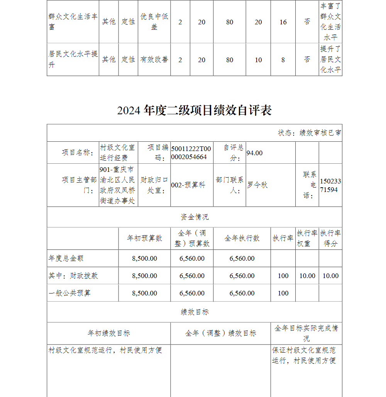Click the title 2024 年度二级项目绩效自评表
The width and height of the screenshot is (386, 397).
(x=194, y=110)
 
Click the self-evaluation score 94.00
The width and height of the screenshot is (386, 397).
(x=254, y=153)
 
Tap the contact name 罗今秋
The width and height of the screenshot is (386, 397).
(x=257, y=185)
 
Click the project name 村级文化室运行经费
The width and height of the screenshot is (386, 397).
(x=118, y=153)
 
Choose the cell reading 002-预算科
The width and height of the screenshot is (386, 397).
(x=188, y=185)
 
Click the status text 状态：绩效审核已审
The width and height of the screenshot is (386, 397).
(x=309, y=133)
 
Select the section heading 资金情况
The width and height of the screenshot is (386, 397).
(x=194, y=217)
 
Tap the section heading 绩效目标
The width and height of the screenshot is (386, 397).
(x=194, y=312)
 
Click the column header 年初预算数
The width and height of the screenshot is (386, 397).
(x=144, y=238)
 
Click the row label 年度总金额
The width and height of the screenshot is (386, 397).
(x=66, y=258)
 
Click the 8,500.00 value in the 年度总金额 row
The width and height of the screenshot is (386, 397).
(x=144, y=258)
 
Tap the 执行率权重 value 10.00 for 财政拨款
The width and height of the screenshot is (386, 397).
(x=307, y=276)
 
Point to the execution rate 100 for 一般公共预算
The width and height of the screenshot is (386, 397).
(x=283, y=293)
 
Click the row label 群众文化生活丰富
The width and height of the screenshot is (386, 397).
(x=73, y=22)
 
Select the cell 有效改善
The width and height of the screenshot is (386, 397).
(x=154, y=59)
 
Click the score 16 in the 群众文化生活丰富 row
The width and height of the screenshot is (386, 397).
(x=283, y=22)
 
